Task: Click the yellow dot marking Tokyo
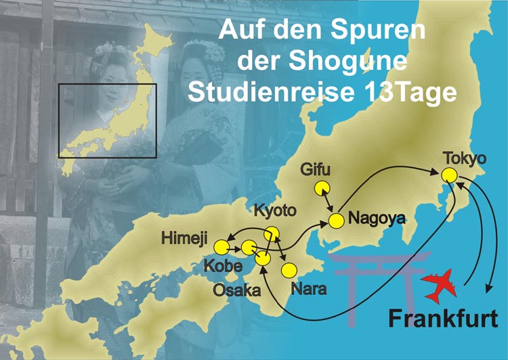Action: [x=449, y=174]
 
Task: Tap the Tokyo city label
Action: [x=465, y=158]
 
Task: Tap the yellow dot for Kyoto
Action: [x=271, y=233]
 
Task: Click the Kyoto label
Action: [x=274, y=211]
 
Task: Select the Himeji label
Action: [x=186, y=239]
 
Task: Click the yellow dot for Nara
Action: [x=289, y=270]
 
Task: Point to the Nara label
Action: [x=309, y=288]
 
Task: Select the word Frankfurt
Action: [x=443, y=317]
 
